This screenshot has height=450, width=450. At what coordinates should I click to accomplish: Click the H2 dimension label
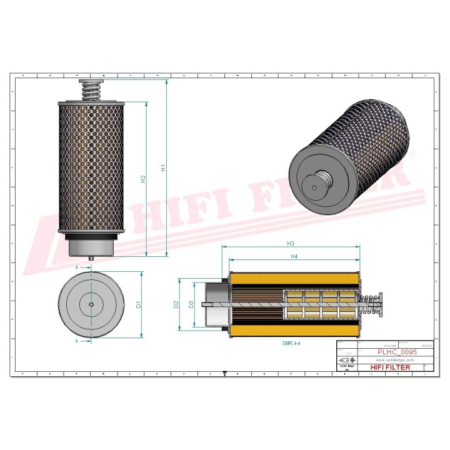[x=143, y=180]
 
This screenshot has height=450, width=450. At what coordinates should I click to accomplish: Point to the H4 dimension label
[x=294, y=257]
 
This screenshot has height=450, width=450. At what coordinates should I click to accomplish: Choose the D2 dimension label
[x=177, y=304]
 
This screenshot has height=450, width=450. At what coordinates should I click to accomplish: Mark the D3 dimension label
[x=191, y=304]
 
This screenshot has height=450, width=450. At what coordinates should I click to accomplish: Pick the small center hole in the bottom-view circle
[x=91, y=304]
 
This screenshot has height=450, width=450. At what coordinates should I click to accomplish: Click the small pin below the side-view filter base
[x=92, y=257]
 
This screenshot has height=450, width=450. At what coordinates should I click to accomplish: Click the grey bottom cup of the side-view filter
[x=91, y=244]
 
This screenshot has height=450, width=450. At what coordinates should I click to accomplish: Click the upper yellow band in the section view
[x=294, y=278]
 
